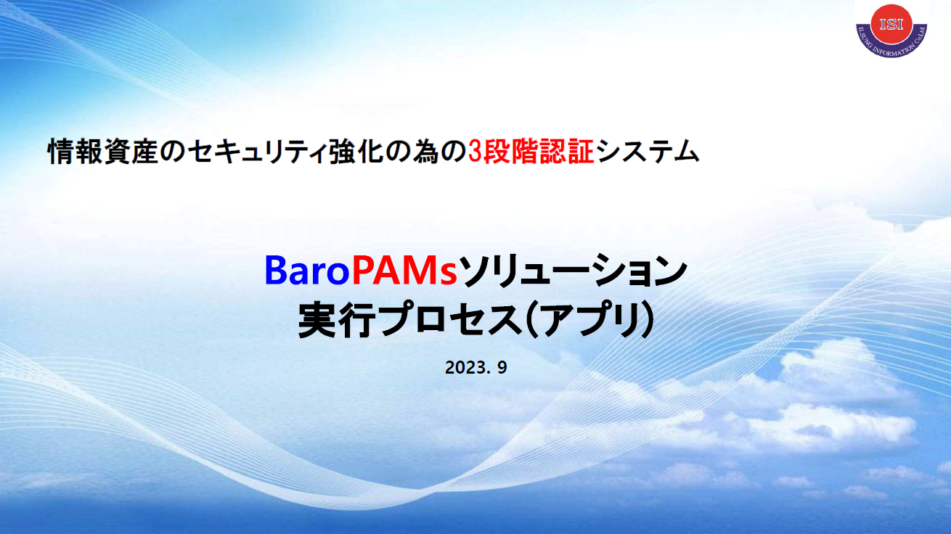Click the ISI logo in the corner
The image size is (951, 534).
(x=891, y=30)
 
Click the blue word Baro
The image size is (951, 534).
(x=306, y=271)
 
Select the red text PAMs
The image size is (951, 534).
(x=404, y=271)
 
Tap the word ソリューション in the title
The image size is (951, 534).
(x=573, y=270)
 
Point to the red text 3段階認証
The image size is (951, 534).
(x=531, y=152)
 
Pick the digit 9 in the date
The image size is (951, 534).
(x=502, y=367)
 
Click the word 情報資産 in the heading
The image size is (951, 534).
(x=103, y=152)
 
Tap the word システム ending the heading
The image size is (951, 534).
(x=648, y=152)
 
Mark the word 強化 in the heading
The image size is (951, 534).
(x=356, y=152)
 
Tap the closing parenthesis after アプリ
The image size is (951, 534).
(x=646, y=319)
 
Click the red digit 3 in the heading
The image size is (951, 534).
(x=475, y=152)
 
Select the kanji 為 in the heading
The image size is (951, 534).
(x=426, y=152)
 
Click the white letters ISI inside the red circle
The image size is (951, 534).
(x=891, y=24)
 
